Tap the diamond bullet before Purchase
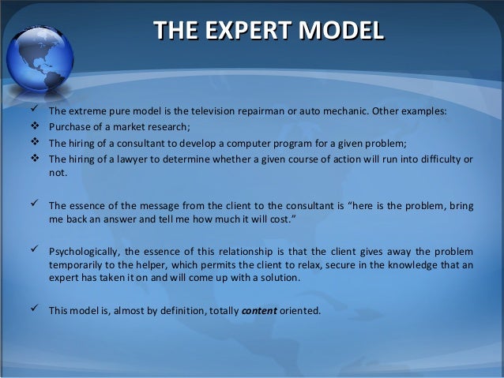click(x=33, y=126)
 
